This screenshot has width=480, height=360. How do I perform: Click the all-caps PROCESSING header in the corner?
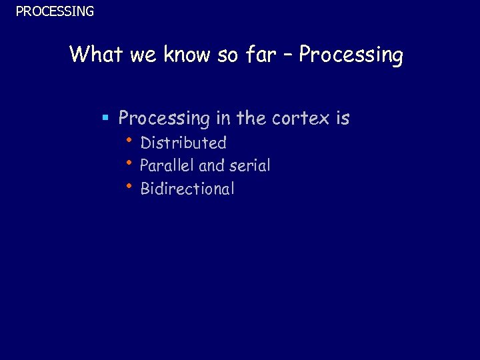coord(55,11)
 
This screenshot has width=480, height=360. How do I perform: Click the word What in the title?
coord(97,54)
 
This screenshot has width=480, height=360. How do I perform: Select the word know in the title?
coord(186,54)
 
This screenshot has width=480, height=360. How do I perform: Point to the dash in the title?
coord(288,55)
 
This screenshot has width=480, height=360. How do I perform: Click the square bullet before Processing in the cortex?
coord(105,119)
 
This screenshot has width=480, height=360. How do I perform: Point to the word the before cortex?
coord(251,118)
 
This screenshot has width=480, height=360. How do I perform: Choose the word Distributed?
coord(183,143)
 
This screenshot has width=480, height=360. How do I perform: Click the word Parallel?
coord(167,165)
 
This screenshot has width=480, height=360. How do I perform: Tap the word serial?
coord(249,165)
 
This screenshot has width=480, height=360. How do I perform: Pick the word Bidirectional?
coord(187,189)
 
